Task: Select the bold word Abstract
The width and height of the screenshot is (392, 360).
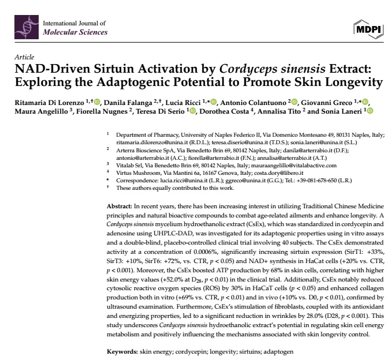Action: tap(120, 206)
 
